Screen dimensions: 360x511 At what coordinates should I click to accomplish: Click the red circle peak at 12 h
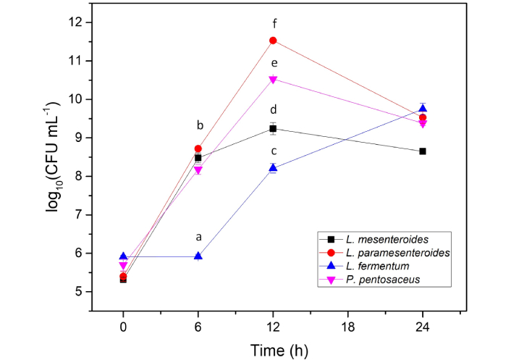(273, 41)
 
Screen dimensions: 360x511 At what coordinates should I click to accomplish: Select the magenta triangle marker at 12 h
(273, 80)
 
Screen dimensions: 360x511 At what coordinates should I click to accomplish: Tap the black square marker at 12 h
(273, 129)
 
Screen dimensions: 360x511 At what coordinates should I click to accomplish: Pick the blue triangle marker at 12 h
(273, 167)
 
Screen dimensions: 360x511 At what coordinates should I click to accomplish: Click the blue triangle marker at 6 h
(198, 256)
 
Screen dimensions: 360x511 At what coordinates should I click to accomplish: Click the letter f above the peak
(273, 23)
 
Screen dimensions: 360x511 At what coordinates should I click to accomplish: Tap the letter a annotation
(198, 237)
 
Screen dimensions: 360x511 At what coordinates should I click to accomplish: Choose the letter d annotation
(273, 110)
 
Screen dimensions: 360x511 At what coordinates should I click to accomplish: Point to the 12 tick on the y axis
(78, 22)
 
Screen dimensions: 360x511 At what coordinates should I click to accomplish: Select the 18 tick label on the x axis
(347, 327)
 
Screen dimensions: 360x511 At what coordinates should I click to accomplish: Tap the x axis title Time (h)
(272, 350)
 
